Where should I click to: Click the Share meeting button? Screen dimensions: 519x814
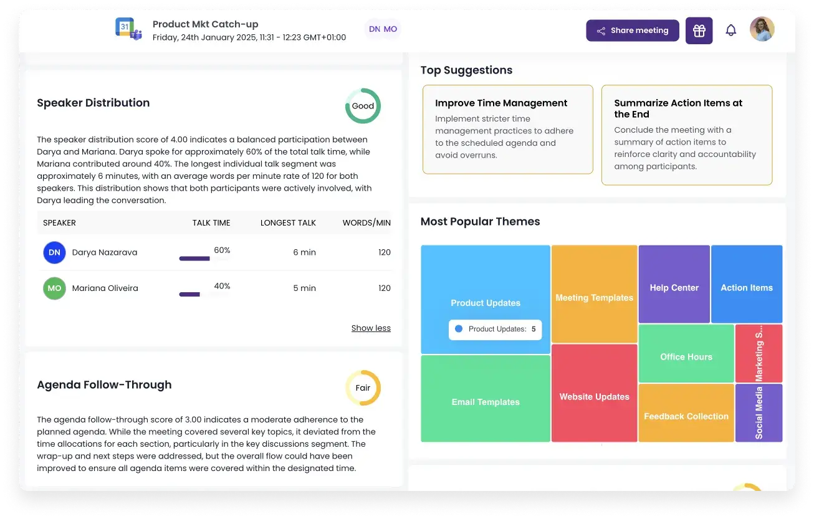point(632,31)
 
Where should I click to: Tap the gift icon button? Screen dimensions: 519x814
point(699,31)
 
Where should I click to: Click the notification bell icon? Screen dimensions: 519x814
point(730,31)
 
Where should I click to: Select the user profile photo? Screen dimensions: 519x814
point(762,29)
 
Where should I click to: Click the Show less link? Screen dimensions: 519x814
point(371,328)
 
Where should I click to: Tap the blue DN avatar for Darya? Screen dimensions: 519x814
point(54,252)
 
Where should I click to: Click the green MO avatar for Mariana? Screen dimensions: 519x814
point(54,288)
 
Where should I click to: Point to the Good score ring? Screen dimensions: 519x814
point(363,106)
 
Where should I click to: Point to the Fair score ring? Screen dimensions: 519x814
point(363,388)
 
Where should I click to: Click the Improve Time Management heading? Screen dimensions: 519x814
point(501,103)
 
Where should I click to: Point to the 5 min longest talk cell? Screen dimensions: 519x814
point(304,288)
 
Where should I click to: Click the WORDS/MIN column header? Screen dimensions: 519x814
point(366,223)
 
